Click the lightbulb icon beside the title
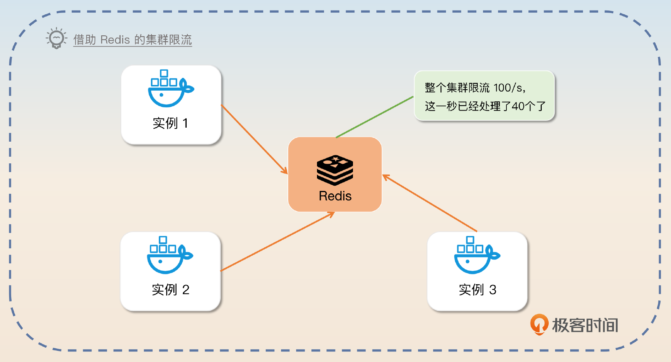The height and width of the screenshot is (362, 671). click(56, 38)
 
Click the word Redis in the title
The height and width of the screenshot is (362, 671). click(115, 40)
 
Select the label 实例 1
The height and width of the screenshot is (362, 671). click(171, 123)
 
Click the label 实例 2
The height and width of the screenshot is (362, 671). click(171, 290)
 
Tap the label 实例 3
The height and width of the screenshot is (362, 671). click(477, 290)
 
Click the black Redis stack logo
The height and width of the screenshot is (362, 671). click(335, 170)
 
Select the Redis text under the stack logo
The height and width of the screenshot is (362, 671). click(335, 196)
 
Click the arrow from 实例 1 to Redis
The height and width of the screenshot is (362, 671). click(254, 139)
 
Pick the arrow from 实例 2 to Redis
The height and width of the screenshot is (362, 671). click(277, 242)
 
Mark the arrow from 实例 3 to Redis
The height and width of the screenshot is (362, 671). click(430, 203)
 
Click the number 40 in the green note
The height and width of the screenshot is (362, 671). click(518, 106)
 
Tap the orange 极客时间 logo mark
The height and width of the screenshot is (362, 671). click(539, 324)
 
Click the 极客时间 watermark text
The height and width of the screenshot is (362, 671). click(585, 325)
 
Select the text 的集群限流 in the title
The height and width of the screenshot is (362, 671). click(163, 40)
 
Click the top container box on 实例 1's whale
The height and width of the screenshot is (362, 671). click(164, 73)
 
